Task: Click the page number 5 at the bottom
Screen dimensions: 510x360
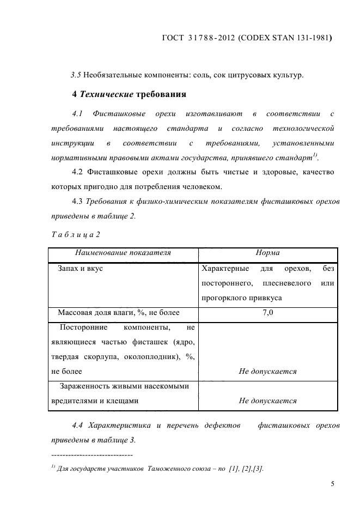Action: [332, 483]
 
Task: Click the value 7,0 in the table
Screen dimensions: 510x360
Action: [267, 313]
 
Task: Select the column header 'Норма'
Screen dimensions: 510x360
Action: [267, 253]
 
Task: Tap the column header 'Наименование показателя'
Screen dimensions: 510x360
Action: [123, 253]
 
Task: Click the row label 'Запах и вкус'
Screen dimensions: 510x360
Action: [80, 269]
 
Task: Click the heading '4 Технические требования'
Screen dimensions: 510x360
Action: [130, 94]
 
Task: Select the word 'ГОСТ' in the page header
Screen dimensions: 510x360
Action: [174, 39]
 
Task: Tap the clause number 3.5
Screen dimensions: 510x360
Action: [76, 75]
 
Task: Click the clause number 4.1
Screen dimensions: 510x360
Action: [77, 114]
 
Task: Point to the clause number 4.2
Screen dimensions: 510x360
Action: [77, 172]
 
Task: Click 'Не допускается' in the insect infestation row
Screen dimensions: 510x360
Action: [267, 400]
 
